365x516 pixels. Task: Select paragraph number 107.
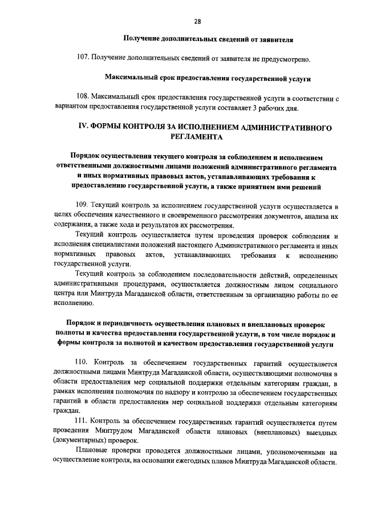point(83,58)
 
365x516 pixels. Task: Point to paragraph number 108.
point(83,98)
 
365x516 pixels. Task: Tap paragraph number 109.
point(83,205)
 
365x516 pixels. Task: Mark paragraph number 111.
point(83,421)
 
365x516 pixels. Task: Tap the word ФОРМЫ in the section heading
point(113,127)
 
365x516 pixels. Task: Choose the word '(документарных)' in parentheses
point(81,441)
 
